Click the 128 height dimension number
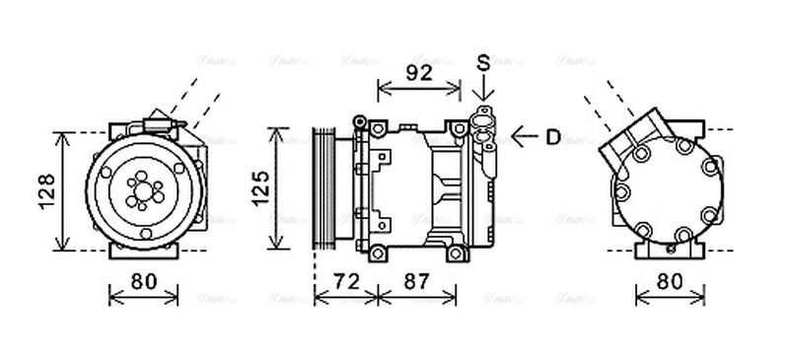[38, 189]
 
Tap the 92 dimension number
[420, 72]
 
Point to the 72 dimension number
[345, 281]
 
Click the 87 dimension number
[417, 281]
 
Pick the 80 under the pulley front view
[144, 281]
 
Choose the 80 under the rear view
[671, 281]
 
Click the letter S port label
[483, 63]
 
